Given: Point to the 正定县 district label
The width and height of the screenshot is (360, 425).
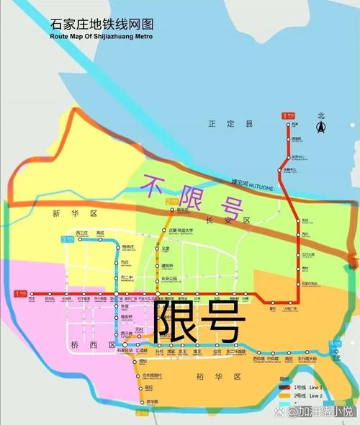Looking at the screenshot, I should [221, 124].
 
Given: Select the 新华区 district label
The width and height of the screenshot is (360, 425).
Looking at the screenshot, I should [64, 214].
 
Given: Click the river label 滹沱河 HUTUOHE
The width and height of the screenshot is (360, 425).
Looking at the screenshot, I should [253, 183].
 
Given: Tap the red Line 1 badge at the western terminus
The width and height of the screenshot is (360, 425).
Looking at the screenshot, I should [20, 293].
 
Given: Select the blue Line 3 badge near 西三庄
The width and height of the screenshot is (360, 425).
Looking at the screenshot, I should [66, 238].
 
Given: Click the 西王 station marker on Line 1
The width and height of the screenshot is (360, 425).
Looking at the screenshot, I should [30, 293].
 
